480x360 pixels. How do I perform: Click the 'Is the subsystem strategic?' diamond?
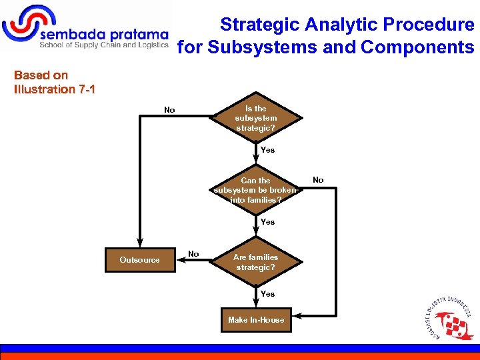(256, 118)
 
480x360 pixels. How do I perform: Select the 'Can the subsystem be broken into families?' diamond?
(256, 190)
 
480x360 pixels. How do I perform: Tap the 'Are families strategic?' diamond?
(256, 261)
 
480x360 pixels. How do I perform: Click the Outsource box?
(139, 260)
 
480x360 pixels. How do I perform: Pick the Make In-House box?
(256, 320)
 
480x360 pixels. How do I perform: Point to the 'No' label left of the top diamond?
(169, 110)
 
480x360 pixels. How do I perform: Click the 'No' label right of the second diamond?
(318, 180)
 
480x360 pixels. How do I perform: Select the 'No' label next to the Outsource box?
(193, 254)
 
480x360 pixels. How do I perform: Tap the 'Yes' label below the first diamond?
(267, 150)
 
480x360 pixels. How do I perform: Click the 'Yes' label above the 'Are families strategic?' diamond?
(267, 222)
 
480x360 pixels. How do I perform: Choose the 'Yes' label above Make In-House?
(267, 294)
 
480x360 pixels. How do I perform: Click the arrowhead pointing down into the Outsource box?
(139, 243)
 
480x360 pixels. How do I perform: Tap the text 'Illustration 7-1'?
(55, 89)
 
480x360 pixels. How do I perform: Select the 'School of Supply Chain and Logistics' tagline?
(104, 46)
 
